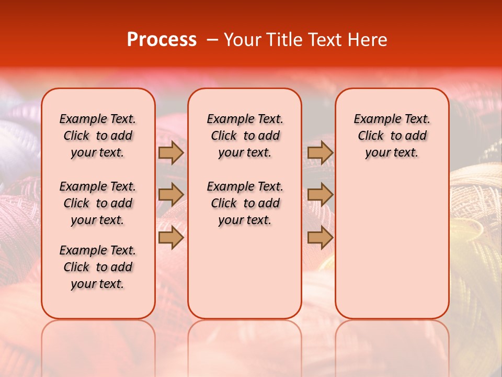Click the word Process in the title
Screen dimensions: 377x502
(162, 40)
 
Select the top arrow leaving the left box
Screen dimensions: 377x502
(171, 152)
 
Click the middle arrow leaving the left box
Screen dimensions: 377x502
(171, 195)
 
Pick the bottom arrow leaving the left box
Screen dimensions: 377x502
(171, 238)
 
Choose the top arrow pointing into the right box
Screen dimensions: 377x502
(321, 152)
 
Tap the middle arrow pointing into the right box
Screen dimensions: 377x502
(321, 195)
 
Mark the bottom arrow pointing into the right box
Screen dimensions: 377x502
(321, 238)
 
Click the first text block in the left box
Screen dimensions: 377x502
(98, 136)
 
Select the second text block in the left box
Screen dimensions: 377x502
(98, 203)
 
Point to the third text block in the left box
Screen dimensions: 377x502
(98, 267)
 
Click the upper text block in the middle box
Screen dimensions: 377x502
(245, 136)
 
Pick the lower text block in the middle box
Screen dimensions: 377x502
(245, 203)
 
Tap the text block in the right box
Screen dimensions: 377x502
(392, 136)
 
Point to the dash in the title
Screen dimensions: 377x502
(212, 40)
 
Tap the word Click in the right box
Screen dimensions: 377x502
(371, 136)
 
